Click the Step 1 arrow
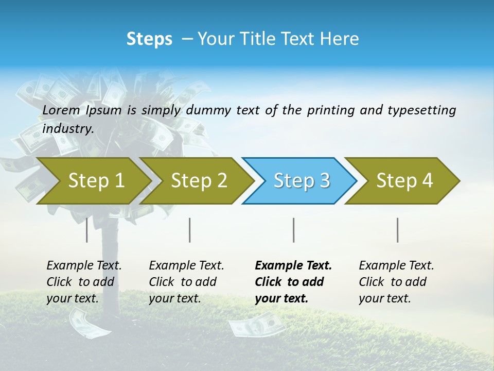95,181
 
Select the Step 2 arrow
198,181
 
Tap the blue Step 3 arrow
301,181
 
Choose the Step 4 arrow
404,181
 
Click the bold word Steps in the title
149,39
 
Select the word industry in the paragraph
67,129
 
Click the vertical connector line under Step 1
87,230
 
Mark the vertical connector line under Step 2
190,230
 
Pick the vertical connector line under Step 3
294,230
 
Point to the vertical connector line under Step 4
398,230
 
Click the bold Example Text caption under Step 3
293,282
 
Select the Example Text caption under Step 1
84,282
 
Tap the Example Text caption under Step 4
396,282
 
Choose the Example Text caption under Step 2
186,282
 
